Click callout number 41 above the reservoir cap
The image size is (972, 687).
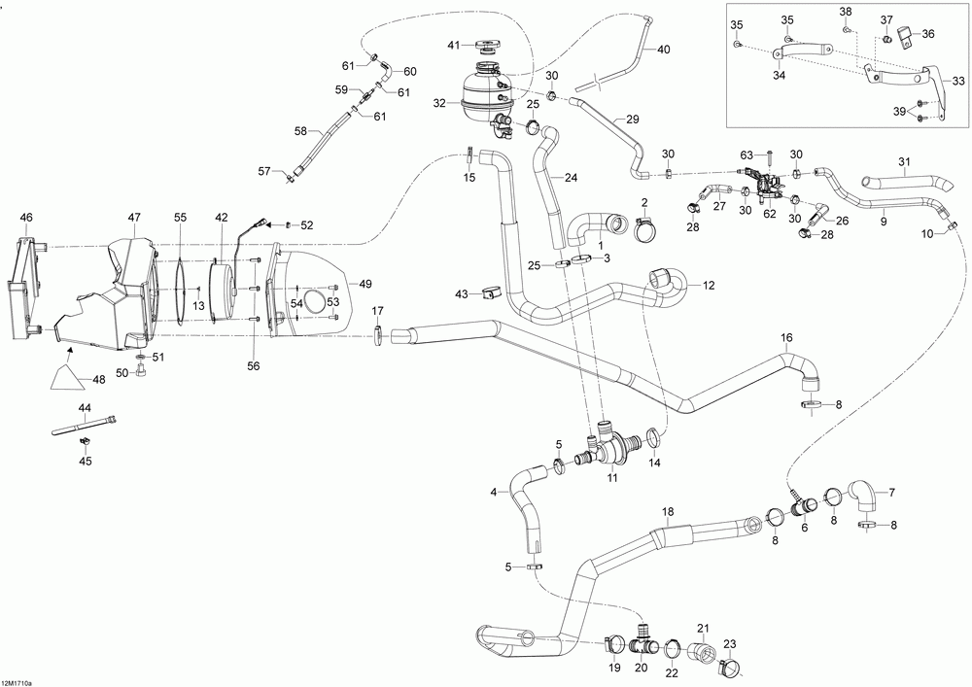(x=453, y=46)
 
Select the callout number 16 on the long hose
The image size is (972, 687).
(x=786, y=337)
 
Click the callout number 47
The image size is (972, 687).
(x=134, y=218)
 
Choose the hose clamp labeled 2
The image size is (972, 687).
(x=643, y=230)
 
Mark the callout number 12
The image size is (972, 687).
(x=709, y=285)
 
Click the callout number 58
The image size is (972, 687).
(x=300, y=130)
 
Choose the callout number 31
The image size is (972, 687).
(x=904, y=161)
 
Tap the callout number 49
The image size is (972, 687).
(x=364, y=284)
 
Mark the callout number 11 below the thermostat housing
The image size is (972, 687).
(x=612, y=478)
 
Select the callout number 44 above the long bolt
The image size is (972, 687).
(x=85, y=407)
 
